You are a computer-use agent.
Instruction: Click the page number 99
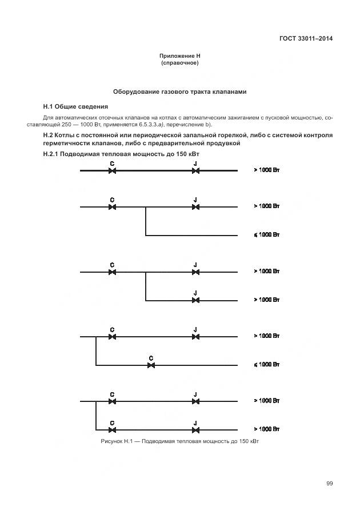330,484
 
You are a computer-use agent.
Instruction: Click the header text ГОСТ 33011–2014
306,39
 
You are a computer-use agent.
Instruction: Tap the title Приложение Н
179,56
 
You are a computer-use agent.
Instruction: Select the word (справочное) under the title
179,63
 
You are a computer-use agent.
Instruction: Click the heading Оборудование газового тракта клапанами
179,91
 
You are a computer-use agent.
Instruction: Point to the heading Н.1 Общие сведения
76,106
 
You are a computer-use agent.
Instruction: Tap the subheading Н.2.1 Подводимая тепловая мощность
121,154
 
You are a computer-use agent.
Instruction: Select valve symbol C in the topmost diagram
113,170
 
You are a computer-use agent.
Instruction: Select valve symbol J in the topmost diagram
195,170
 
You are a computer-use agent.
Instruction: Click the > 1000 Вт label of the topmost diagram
266,170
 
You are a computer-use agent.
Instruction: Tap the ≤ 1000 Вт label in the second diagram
266,235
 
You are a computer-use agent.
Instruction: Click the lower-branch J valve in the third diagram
195,300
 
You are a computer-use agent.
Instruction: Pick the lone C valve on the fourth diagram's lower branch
151,365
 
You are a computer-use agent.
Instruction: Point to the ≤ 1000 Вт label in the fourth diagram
266,365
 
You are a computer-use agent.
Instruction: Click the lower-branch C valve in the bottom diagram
113,429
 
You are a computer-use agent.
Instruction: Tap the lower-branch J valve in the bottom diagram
195,429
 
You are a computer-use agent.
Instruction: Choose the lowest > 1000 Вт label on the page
266,429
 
